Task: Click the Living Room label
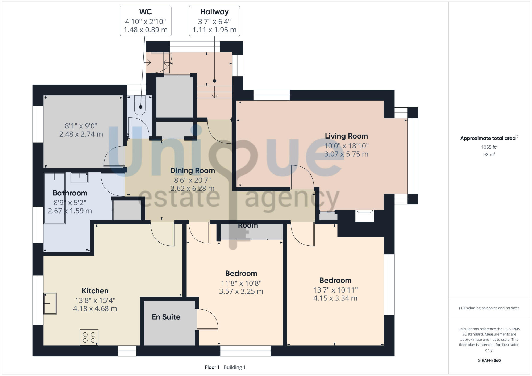point(346,136)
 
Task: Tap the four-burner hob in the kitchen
point(89,337)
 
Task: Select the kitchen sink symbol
point(50,303)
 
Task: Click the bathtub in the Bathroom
point(55,198)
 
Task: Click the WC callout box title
point(146,12)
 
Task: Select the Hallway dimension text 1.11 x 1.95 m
point(214,30)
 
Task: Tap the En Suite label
point(166,317)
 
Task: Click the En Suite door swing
point(207,319)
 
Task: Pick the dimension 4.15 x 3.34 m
point(335,298)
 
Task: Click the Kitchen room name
point(95,291)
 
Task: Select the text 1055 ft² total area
point(489,147)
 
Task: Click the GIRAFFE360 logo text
point(489,361)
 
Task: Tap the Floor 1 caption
point(212,367)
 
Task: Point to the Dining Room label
point(192,170)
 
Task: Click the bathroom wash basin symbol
point(80,177)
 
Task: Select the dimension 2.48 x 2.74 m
point(81,134)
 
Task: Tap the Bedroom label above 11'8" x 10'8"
point(241,273)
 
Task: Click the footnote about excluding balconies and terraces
point(489,308)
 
